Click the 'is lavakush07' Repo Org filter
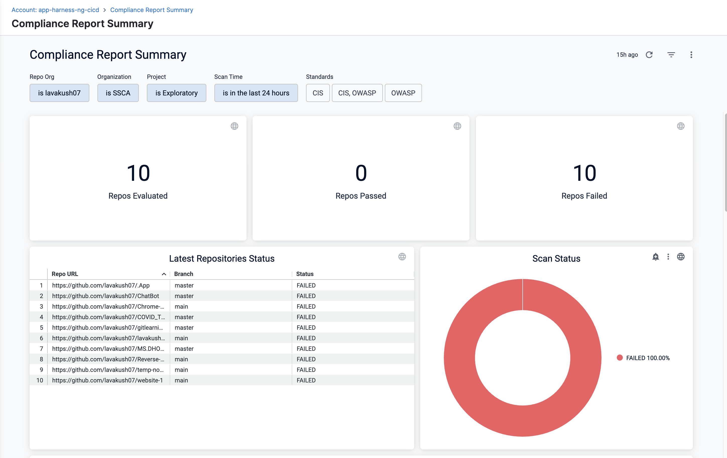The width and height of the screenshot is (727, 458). [x=59, y=93]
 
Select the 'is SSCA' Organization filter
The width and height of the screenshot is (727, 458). [x=118, y=93]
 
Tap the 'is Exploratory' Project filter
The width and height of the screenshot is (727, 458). [x=176, y=93]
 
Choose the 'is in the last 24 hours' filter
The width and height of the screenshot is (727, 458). [x=256, y=93]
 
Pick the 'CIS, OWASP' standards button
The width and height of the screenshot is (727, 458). [x=357, y=93]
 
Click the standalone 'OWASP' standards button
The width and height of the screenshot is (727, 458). [x=403, y=93]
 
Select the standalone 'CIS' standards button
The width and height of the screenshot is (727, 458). [x=318, y=93]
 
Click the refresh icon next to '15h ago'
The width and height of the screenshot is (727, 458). [x=649, y=55]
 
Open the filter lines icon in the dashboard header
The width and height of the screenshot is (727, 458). [x=671, y=55]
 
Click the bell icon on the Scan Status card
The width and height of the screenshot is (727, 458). [x=655, y=257]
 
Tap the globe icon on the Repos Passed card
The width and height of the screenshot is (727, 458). [x=457, y=126]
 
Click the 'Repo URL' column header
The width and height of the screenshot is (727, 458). [x=65, y=274]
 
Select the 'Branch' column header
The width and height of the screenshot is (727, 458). [x=184, y=274]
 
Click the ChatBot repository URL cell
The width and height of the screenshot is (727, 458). [x=105, y=296]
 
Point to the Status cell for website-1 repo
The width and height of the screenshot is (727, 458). [x=306, y=380]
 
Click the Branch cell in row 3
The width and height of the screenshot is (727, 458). [x=181, y=306]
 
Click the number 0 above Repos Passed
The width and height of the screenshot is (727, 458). [x=361, y=173]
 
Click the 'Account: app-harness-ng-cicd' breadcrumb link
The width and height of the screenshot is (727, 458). [x=55, y=10]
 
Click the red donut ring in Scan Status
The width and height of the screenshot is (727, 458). [x=459, y=358]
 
